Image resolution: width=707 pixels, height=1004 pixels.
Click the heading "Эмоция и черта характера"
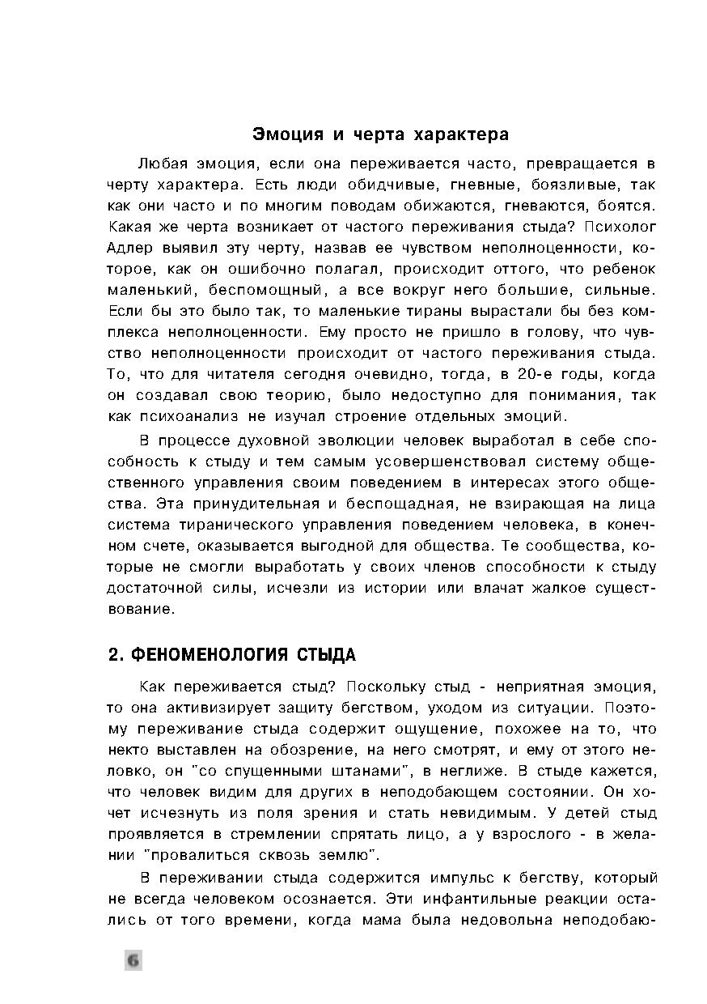pyautogui.click(x=380, y=133)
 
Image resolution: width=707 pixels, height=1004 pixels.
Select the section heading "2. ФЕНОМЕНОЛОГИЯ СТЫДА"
pyautogui.click(x=231, y=654)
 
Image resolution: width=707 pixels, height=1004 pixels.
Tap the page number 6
pyautogui.click(x=133, y=960)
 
